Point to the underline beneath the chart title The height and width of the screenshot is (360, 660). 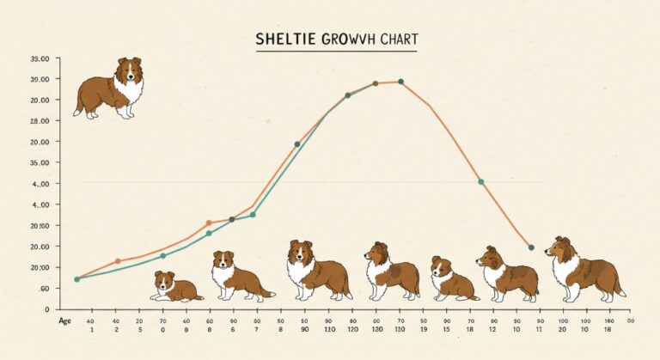(x=336, y=52)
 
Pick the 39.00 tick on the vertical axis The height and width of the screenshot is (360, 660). (x=40, y=79)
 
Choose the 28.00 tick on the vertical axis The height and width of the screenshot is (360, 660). (x=40, y=121)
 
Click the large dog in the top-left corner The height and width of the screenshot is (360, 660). (x=110, y=87)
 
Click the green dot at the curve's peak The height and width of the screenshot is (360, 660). (x=400, y=82)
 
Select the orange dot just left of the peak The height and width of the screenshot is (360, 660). (x=376, y=83)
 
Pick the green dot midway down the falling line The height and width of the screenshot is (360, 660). (x=480, y=182)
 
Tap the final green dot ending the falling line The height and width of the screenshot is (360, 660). (x=531, y=247)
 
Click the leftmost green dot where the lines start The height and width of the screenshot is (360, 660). (x=76, y=279)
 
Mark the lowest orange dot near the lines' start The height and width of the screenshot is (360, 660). (x=119, y=260)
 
